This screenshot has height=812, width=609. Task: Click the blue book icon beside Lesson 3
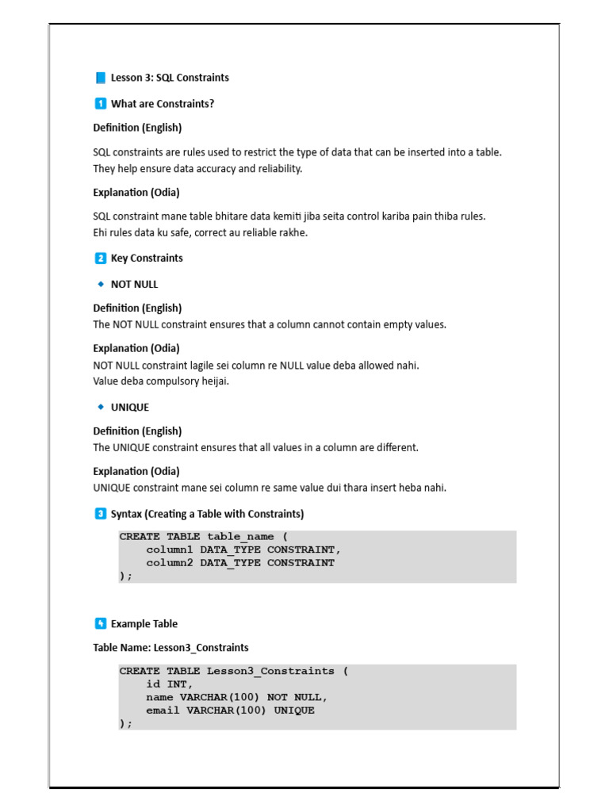click(x=100, y=78)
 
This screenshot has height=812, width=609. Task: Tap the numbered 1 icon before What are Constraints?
click(x=100, y=103)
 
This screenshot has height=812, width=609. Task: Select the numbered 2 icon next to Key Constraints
click(x=100, y=258)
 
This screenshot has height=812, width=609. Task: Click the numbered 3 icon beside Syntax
click(x=100, y=514)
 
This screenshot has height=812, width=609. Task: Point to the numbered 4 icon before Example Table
click(x=100, y=623)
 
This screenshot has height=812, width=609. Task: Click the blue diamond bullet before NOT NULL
click(x=101, y=284)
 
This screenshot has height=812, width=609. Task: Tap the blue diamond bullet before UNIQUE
click(x=101, y=407)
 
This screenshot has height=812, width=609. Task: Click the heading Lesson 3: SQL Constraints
click(x=170, y=78)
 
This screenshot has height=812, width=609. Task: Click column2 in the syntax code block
click(x=170, y=563)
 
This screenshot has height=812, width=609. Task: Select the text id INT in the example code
click(x=169, y=684)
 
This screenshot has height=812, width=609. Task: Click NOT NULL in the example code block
click(x=297, y=698)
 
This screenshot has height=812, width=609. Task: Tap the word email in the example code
click(x=163, y=710)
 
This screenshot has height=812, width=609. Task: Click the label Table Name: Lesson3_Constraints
click(x=170, y=648)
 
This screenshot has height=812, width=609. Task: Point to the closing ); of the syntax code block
click(x=126, y=576)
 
